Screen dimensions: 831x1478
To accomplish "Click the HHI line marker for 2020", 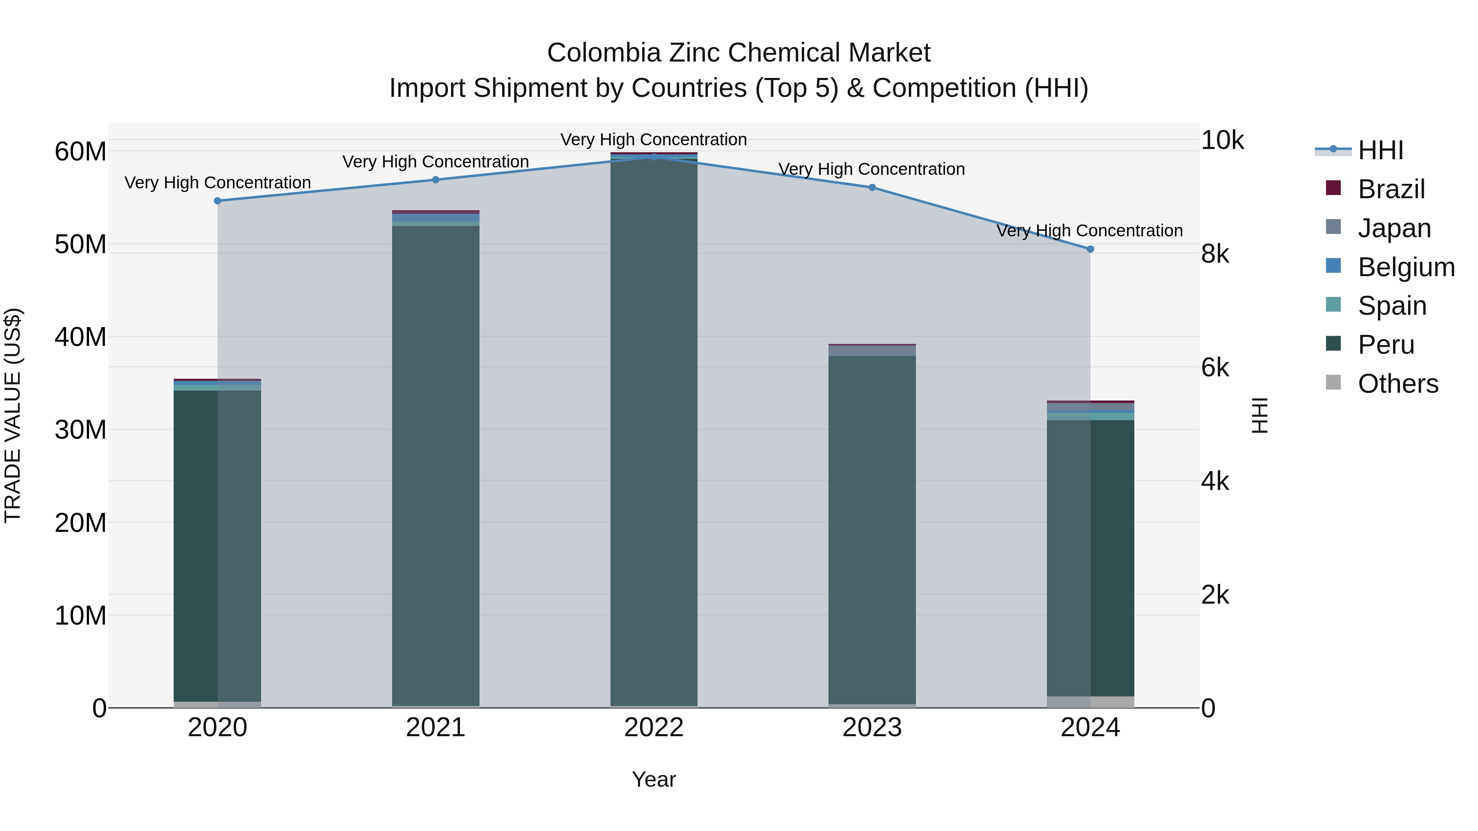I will (218, 201).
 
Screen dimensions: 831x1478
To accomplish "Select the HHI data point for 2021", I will (436, 179).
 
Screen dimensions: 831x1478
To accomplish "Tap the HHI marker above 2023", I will (872, 188).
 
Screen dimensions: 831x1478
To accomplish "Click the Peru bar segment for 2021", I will (436, 465).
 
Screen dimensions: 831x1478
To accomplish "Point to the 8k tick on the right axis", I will (1215, 254).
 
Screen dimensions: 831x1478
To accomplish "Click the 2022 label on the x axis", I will (654, 728).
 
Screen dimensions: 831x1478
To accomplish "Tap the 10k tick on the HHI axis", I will (1222, 140).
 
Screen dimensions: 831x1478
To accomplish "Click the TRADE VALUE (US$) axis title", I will (13, 415).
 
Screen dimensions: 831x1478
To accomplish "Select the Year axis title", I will (654, 779).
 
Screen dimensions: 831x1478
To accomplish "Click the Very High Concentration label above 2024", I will (1090, 231).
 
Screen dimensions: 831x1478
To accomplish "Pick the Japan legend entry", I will (1394, 228).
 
